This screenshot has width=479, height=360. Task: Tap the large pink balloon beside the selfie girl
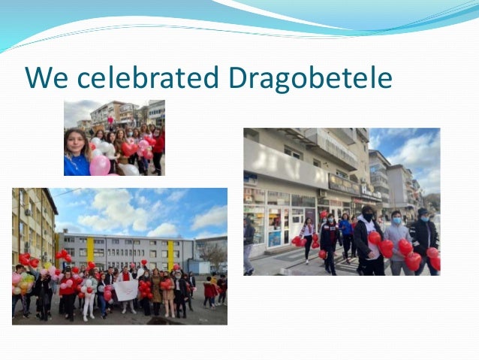(x=100, y=165)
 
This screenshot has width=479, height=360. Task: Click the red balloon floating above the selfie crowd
(x=110, y=119)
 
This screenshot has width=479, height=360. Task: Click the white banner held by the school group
(x=127, y=289)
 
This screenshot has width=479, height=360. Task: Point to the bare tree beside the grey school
(x=213, y=256)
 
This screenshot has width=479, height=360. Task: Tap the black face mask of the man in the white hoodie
(x=367, y=218)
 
